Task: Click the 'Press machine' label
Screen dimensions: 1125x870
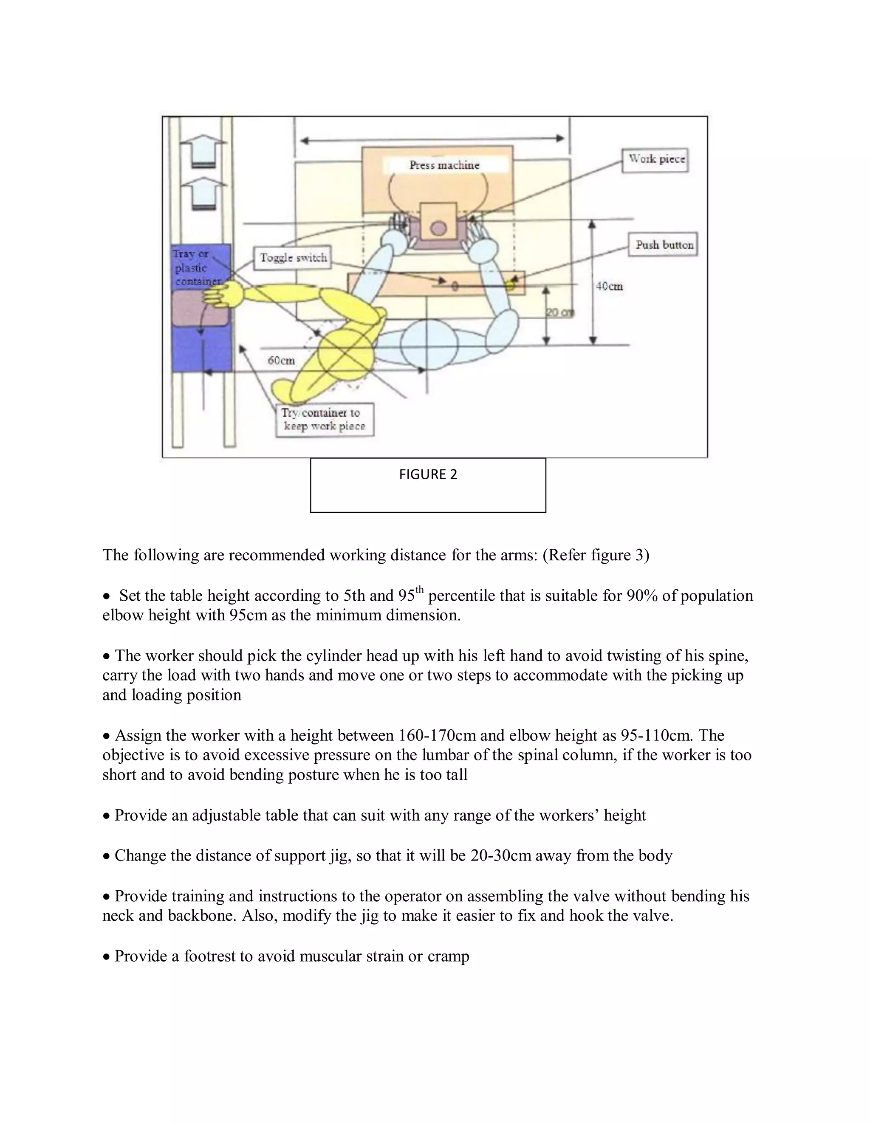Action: pos(444,165)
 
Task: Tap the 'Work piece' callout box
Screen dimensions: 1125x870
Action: pos(655,160)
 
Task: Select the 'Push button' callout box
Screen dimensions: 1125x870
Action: pos(663,245)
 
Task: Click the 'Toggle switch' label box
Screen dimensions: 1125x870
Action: pos(293,258)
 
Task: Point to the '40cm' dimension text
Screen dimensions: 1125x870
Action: pos(609,287)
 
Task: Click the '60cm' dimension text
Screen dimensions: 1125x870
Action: pos(281,360)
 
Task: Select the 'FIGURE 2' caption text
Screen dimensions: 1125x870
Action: pos(428,475)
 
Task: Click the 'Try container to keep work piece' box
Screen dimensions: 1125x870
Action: pos(324,419)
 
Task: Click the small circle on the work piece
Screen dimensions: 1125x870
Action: pos(438,228)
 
